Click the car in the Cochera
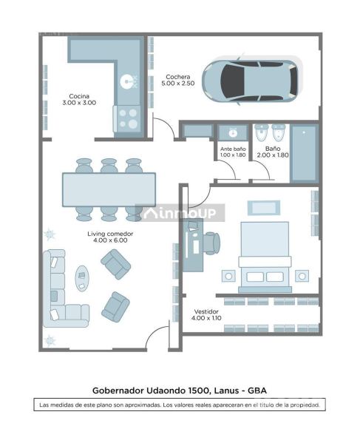(x=251, y=81)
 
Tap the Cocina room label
(x=79, y=96)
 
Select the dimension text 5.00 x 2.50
(x=178, y=84)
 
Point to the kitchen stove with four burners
(x=128, y=119)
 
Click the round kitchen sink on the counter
(x=126, y=81)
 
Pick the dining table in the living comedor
(x=109, y=189)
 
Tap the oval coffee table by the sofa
(x=82, y=279)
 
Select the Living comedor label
(x=110, y=234)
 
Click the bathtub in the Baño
(x=304, y=153)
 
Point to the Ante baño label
(x=233, y=149)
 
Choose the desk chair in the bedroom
(x=211, y=243)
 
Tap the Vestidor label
(x=206, y=311)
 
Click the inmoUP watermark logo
(x=180, y=213)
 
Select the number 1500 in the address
(x=198, y=390)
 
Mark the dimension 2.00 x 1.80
(x=273, y=155)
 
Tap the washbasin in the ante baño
(x=233, y=132)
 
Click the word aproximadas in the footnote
(x=143, y=405)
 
